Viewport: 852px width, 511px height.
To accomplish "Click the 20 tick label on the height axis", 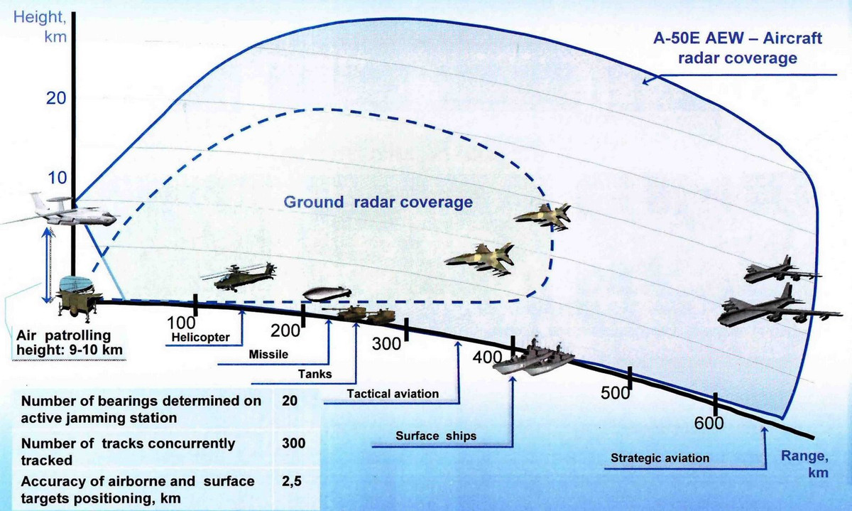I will pos(56,99).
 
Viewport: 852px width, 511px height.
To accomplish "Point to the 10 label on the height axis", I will pos(57,178).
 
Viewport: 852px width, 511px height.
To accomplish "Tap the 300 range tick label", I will pos(388,344).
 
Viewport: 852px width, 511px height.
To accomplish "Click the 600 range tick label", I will pos(709,424).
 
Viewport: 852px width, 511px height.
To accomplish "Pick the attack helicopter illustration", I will pos(238,276).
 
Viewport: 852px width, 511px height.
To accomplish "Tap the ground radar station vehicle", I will pos(77,298).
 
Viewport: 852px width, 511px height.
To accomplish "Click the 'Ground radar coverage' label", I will pos(378,202).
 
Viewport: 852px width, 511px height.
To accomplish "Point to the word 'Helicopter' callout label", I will pos(201,337).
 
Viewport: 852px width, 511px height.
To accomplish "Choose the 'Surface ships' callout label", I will pos(436,435).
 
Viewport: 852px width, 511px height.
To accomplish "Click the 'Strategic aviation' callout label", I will pos(660,458).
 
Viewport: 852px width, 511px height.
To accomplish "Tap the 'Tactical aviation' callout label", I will pos(393,393).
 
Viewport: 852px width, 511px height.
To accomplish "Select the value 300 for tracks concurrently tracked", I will pos(293,443).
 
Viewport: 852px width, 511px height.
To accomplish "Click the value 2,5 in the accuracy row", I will pos(292,482).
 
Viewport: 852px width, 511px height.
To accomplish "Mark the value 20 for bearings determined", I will pos(289,401).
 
